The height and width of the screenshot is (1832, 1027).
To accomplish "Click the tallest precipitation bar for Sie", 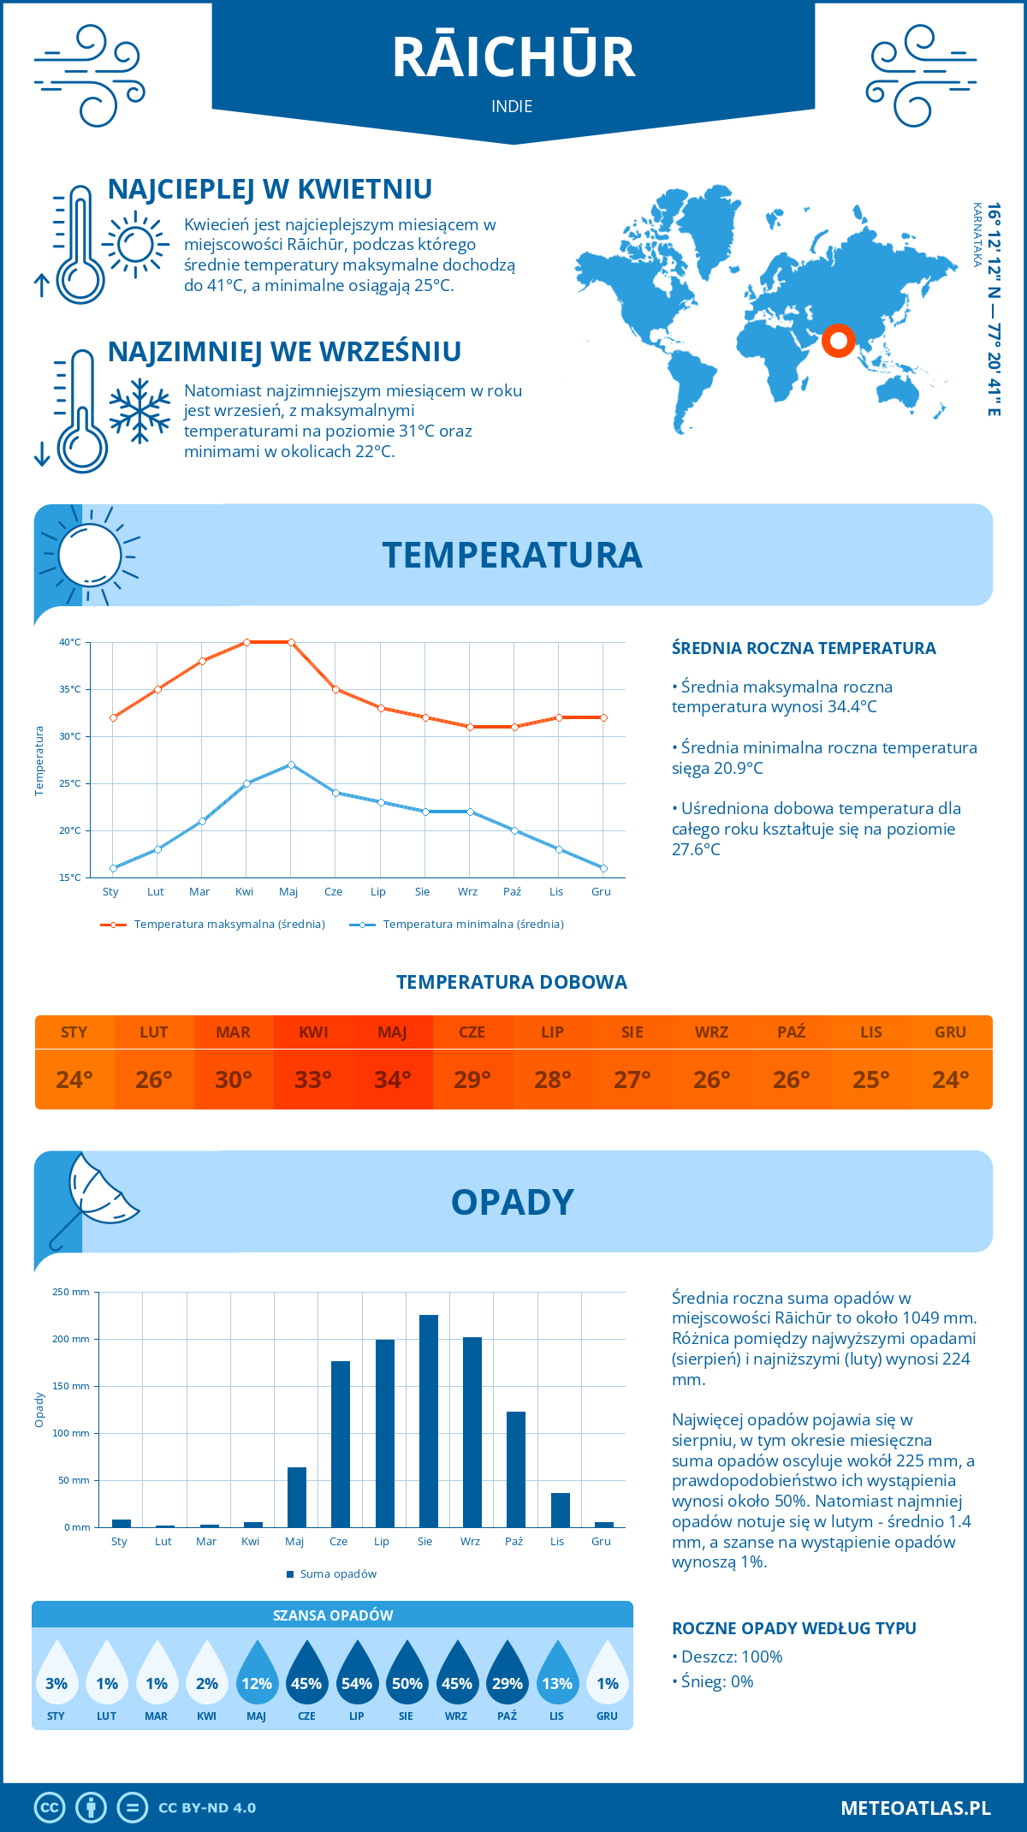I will pos(429,1421).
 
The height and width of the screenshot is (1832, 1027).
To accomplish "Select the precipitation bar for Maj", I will pos(297,1497).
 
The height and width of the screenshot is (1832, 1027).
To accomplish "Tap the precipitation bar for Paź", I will pos(516,1469).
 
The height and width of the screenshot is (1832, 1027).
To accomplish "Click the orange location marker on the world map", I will pos(839,341).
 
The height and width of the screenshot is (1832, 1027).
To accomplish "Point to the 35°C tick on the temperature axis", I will pos(70,689).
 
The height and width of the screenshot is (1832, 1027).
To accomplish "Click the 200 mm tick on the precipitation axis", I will pos(71,1339).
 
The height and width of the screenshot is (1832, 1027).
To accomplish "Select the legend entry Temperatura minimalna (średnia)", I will pos(472,925).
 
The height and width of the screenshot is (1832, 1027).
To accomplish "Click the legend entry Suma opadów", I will pos(338,1574).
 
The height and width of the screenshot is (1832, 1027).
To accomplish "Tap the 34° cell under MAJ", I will pos(393,1080).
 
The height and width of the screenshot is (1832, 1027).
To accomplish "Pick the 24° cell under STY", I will pos(74,1080).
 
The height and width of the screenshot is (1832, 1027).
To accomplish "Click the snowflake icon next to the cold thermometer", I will pos(140,411).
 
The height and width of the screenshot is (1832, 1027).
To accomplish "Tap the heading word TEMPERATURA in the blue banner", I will pos(512,555).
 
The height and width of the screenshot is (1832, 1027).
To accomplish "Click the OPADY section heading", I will pos(512,1202).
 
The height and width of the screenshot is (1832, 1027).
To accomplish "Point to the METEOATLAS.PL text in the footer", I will pos(916,1808).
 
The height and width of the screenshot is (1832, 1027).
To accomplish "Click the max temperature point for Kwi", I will pos(246,642).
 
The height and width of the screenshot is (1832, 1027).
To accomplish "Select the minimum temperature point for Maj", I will pos(291,764).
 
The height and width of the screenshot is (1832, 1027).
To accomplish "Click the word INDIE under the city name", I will pos(512,106).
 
